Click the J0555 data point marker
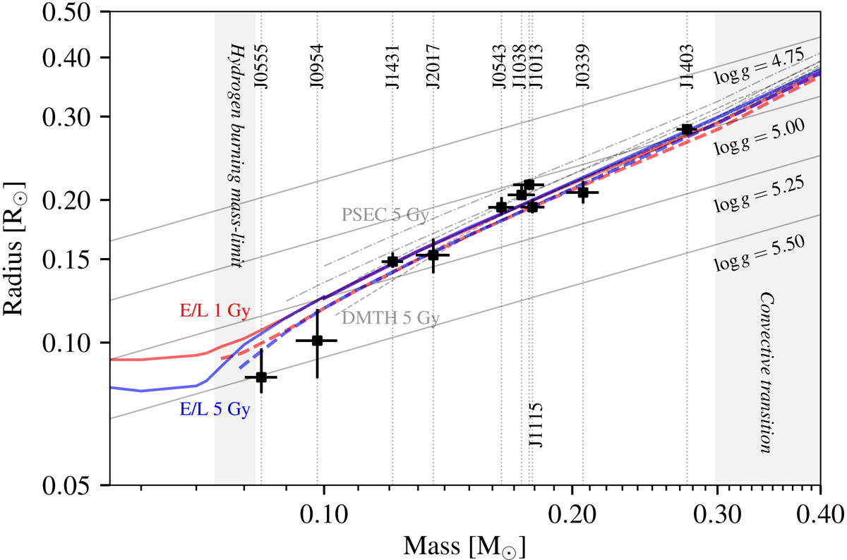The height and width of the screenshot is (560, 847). pos(261,377)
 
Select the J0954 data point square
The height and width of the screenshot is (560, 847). pos(318,341)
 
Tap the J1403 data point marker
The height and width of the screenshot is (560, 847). pos(687,129)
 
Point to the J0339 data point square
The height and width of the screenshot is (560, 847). pos(583,192)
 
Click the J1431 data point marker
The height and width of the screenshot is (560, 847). pos(392,261)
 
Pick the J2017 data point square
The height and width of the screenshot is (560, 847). pos(433,255)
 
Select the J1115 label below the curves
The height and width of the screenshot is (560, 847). pos(536,425)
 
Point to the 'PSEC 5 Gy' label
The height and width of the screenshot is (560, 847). pos(385,215)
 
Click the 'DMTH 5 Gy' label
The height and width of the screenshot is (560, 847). pos(385,318)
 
